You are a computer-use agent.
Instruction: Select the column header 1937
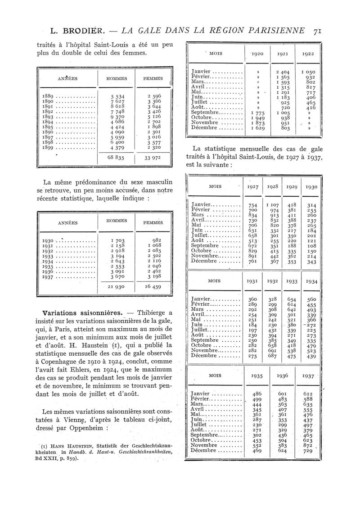click(x=308, y=375)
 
